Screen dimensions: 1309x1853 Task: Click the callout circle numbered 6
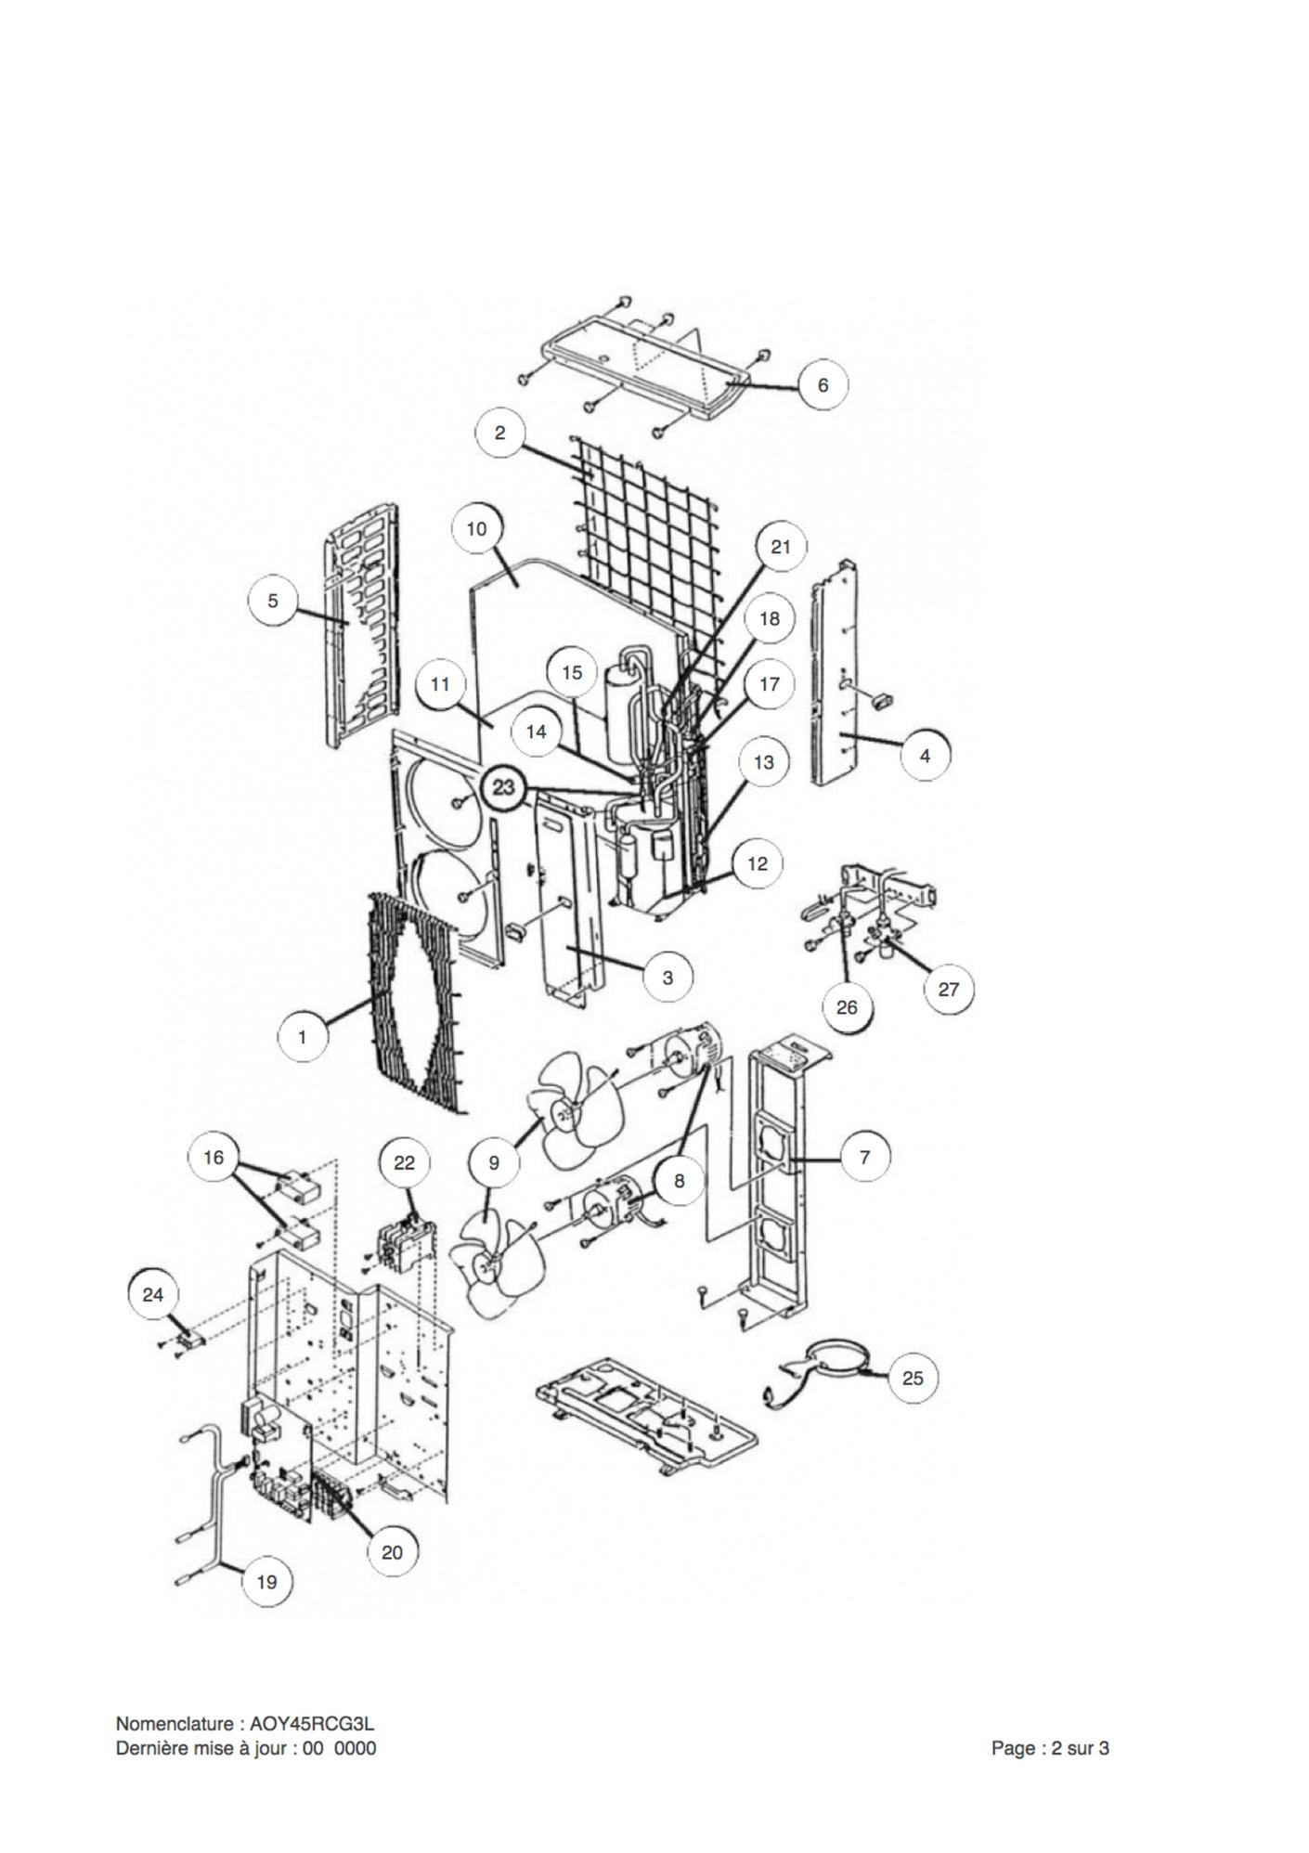[x=823, y=383]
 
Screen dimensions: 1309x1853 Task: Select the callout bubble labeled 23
[x=503, y=787]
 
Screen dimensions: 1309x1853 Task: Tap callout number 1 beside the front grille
[x=303, y=1036]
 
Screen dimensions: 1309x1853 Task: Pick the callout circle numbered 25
[x=913, y=1377]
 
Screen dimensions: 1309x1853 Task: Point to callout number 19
[x=266, y=1581]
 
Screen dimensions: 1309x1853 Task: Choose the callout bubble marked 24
[x=153, y=1294]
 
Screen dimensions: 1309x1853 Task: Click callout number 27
[x=948, y=989]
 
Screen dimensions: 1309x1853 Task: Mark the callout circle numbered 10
[x=476, y=528]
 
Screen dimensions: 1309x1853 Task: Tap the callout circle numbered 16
[x=214, y=1157]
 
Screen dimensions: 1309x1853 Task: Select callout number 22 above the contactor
[x=405, y=1162]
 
